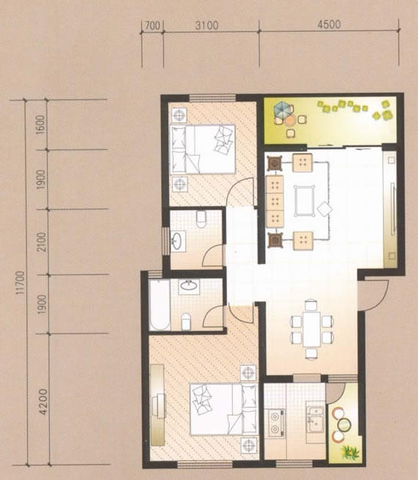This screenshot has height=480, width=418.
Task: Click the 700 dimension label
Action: click(152, 26)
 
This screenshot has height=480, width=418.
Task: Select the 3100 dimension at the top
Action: click(207, 25)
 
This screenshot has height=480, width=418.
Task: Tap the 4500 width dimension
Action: click(329, 24)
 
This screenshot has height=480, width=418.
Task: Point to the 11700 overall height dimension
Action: click(20, 282)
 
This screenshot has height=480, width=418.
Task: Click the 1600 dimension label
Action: click(40, 125)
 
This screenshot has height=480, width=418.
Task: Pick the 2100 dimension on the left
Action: click(41, 242)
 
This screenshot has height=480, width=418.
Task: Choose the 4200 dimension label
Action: click(44, 402)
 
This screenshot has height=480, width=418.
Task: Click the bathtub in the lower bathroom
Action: click(160, 305)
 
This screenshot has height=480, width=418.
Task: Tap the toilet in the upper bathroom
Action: click(201, 219)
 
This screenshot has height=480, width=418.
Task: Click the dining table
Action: click(312, 329)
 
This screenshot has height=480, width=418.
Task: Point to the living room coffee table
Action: click(305, 201)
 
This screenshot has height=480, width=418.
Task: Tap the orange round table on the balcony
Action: click(289, 121)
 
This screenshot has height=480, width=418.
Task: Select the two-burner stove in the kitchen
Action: click(277, 423)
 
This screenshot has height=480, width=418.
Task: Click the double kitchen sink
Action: click(316, 419)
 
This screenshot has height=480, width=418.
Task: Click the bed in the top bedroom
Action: click(203, 149)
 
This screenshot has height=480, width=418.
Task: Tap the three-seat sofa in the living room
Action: click(275, 201)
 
